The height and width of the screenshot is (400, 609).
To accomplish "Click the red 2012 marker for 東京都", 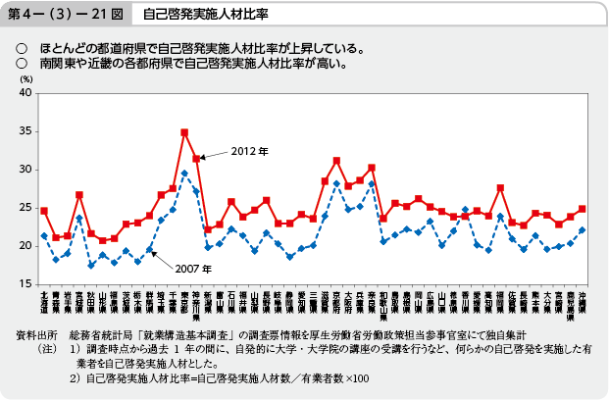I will pyautogui.click(x=184, y=132).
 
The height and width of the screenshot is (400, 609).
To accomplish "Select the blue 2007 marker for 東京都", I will pyautogui.click(x=184, y=173).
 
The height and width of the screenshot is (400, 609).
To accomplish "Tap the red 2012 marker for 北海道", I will pyautogui.click(x=44, y=211).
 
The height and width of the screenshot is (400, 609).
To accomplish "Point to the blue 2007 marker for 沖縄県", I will pyautogui.click(x=583, y=230).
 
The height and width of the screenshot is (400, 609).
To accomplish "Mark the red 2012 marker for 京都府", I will pyautogui.click(x=336, y=160).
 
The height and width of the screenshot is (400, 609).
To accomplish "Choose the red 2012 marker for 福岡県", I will pyautogui.click(x=500, y=187).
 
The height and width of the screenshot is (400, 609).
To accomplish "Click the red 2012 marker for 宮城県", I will pyautogui.click(x=78, y=194).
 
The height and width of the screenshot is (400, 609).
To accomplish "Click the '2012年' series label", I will pyautogui.click(x=250, y=151).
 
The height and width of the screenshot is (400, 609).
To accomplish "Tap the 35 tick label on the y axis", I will pyautogui.click(x=25, y=131).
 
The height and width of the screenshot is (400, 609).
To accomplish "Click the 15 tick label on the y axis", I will pyautogui.click(x=25, y=284).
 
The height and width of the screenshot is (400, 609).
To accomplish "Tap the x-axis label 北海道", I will pyautogui.click(x=44, y=299).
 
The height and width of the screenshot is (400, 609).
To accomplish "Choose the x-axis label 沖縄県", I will pyautogui.click(x=583, y=299).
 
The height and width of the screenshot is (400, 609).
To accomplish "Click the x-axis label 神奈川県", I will pyautogui.click(x=196, y=301).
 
